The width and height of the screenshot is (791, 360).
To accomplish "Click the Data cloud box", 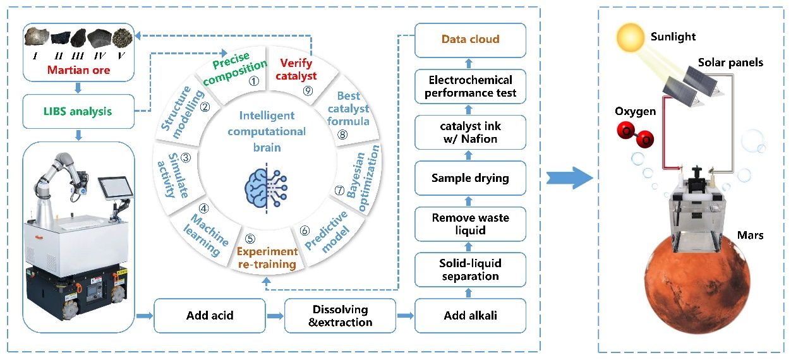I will tap(470, 40).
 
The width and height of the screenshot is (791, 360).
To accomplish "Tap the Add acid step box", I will tap(210, 315).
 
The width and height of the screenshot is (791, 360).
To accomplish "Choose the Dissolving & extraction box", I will tap(341, 316).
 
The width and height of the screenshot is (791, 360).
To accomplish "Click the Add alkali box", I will tap(470, 315).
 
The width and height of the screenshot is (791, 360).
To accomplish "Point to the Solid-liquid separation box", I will tap(470, 270).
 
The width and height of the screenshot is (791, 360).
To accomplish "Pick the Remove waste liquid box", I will tap(470, 224).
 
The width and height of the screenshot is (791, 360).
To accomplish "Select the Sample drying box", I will tap(470, 178).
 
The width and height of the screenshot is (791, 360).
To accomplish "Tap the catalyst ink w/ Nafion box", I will tap(470, 132).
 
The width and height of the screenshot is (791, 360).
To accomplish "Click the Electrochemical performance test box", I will tap(470, 87).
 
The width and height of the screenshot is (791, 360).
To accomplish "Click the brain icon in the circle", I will tap(266, 183).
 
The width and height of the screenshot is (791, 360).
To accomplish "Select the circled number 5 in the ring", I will tap(250, 239).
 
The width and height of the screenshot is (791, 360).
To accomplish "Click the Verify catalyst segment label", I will tap(298, 69).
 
